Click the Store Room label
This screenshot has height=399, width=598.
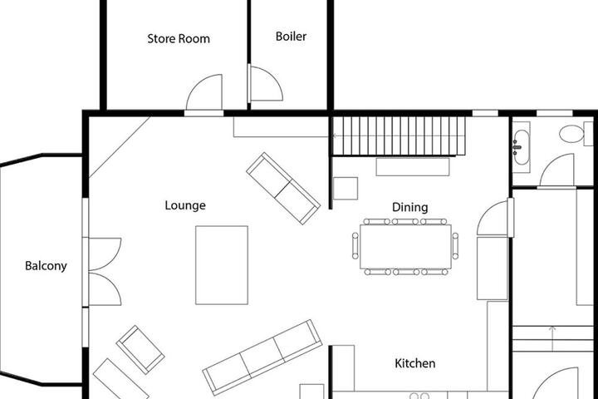[179, 38]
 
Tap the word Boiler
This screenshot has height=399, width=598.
[291, 37]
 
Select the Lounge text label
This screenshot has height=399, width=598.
[185, 205]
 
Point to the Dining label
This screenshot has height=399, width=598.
[410, 207]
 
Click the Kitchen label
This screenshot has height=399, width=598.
[415, 363]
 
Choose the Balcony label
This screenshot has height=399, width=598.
[46, 266]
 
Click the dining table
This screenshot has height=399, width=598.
[405, 247]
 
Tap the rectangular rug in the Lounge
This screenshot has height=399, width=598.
[222, 265]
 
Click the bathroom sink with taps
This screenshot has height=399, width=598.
[521, 147]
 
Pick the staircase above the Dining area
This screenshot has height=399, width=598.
[399, 136]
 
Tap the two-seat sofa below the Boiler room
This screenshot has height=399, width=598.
[283, 189]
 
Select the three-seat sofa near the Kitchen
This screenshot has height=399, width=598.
[262, 357]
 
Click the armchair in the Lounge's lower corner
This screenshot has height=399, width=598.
[140, 349]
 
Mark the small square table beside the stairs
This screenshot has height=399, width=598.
[346, 188]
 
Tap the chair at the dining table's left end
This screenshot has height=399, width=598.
[355, 246]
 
